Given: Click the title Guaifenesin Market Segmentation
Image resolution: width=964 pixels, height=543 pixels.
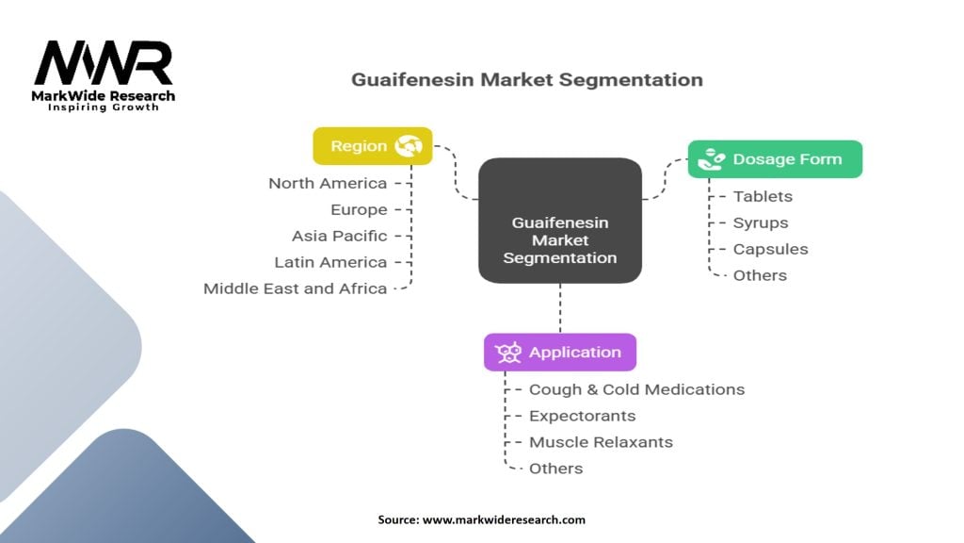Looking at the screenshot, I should (x=526, y=79).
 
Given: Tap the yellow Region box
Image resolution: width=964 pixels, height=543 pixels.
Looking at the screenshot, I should (x=372, y=146).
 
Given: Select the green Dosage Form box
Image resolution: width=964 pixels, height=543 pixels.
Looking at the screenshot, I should (x=775, y=159).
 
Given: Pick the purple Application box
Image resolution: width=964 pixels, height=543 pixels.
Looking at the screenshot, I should (x=560, y=352).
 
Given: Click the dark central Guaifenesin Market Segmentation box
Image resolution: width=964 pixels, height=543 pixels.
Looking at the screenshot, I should (x=560, y=239).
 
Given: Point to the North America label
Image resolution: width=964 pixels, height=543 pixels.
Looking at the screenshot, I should (x=328, y=183).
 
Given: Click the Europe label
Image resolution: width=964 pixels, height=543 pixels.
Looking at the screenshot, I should (x=359, y=209).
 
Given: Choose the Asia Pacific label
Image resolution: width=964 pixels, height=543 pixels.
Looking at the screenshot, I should (x=339, y=236).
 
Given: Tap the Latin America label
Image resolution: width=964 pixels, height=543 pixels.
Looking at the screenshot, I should (x=330, y=262).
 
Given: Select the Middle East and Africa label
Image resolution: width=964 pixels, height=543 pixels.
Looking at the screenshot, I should (x=296, y=288).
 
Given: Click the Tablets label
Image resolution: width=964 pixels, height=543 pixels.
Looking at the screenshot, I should (x=763, y=196).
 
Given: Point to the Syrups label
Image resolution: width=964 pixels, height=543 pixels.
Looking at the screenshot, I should (x=761, y=222).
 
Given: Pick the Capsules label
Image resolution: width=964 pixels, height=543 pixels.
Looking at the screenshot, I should (x=770, y=249).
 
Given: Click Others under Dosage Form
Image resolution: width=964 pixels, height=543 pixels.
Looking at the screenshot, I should (x=760, y=275).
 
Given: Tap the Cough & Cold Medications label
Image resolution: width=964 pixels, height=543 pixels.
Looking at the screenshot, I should (x=636, y=389).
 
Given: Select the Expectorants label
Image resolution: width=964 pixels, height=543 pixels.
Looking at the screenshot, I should (x=582, y=416).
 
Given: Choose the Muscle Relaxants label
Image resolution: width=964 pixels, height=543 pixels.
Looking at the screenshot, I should (x=601, y=442).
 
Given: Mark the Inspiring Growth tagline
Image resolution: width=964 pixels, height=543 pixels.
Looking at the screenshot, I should (x=104, y=107).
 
